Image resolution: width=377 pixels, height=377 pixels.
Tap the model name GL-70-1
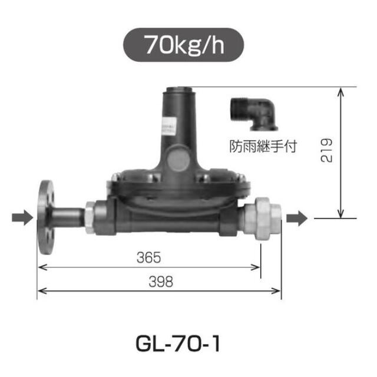pos(177,343)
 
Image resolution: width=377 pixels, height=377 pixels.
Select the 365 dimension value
pos(149,259)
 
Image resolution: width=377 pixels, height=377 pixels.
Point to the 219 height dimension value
pos(329,150)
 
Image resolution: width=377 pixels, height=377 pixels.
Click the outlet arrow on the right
pos(297,219)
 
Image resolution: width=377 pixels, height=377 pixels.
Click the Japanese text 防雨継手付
pos(263,145)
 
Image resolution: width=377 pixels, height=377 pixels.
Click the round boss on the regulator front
pos(177,160)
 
